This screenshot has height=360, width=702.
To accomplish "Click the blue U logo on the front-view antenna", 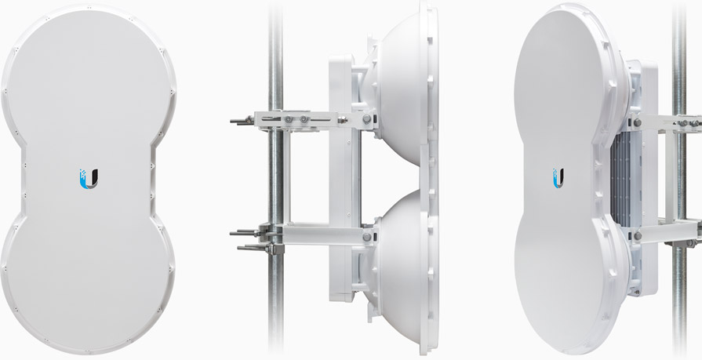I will [x=89, y=178].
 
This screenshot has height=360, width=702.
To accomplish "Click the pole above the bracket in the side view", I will [x=275, y=47].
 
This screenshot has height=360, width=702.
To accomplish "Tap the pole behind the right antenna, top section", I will [x=679, y=47].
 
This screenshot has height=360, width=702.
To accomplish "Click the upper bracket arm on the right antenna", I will [x=667, y=123].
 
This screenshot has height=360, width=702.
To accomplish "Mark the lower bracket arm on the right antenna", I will [x=667, y=235].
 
